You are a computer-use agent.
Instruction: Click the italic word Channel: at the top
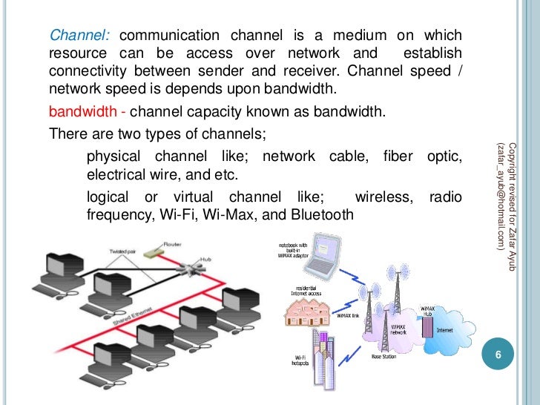(x=79, y=36)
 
